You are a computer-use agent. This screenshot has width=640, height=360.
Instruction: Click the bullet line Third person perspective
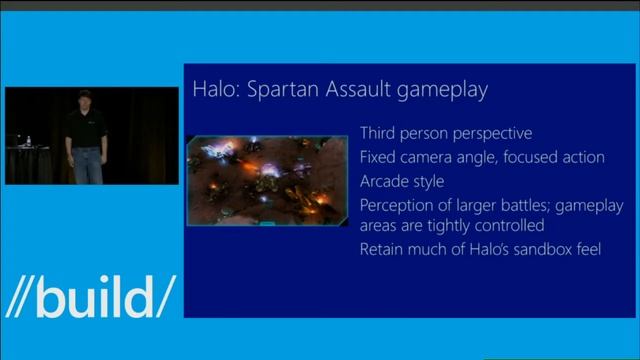pos(446,133)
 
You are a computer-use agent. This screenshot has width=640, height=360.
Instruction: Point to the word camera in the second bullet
pos(431,157)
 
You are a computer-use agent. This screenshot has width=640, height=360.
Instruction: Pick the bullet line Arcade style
pos(401,181)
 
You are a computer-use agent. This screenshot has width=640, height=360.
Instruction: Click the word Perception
pos(396,205)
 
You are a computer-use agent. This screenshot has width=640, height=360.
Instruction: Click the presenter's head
pos(83,99)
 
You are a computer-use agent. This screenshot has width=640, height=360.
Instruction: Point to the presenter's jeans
pos(86,165)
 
